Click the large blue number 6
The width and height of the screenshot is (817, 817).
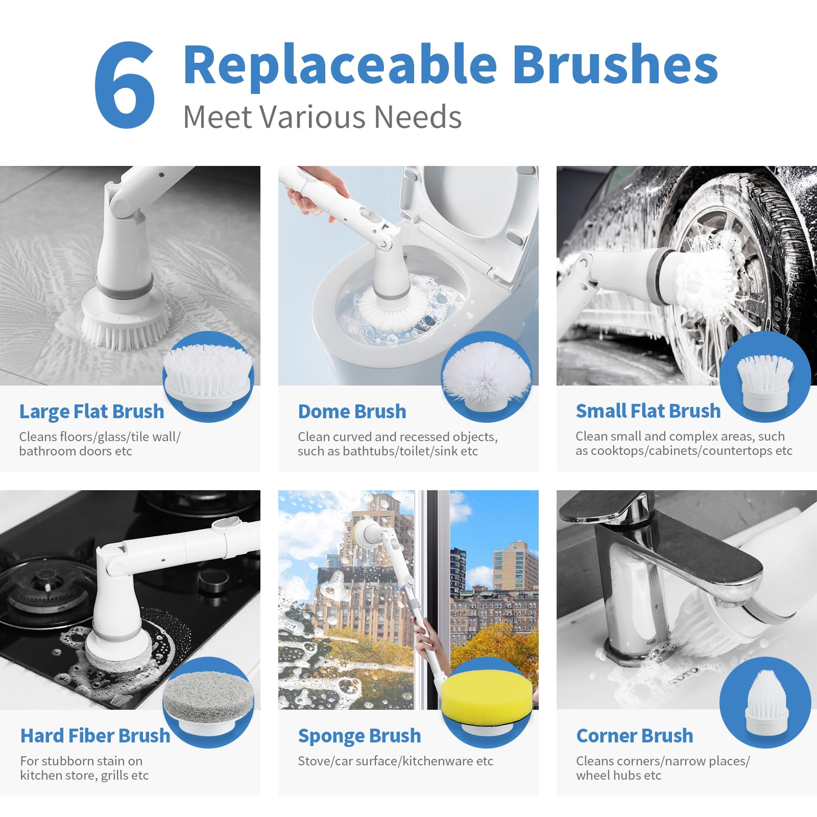(x=125, y=85)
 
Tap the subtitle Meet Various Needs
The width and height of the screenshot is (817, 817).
(x=322, y=117)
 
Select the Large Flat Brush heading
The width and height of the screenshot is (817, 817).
(x=92, y=412)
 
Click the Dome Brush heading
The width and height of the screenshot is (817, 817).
(x=352, y=412)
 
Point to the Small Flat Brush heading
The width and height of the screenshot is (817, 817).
(x=648, y=411)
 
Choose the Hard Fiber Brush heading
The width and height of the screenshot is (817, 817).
(x=95, y=736)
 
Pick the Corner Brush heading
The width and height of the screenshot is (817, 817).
(x=635, y=736)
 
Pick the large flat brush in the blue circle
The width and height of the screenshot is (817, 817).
(x=208, y=375)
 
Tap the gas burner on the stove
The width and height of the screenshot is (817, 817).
(x=43, y=587)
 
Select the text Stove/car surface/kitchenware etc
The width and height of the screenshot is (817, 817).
(x=396, y=761)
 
